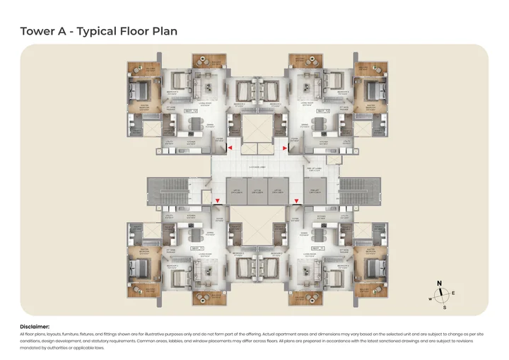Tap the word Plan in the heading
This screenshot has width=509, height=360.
click(x=163, y=31)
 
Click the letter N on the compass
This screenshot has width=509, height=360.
click(x=440, y=284)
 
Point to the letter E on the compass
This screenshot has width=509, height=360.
click(x=453, y=293)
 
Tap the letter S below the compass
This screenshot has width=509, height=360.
click(x=444, y=308)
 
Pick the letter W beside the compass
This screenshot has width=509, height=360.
click(x=430, y=298)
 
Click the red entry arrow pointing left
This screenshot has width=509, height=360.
click(x=228, y=149)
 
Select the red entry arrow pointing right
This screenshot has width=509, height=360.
click(x=284, y=149)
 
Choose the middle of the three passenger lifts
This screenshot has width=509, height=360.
click(x=257, y=192)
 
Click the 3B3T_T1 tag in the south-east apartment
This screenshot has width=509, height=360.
click(x=319, y=248)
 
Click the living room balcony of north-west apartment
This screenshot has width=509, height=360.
click(x=209, y=60)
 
